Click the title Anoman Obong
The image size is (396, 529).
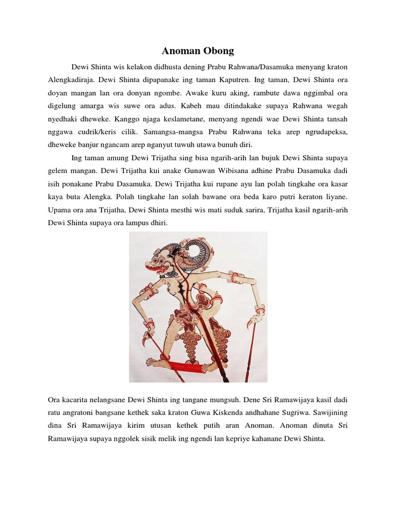(198, 51)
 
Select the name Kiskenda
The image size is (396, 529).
(257, 414)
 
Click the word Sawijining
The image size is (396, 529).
(330, 414)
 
